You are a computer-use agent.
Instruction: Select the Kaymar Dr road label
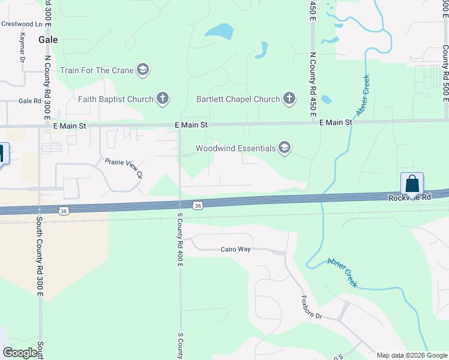click(22, 47)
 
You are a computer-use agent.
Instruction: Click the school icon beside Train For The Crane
click(142, 70)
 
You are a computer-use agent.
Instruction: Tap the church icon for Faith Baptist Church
click(162, 98)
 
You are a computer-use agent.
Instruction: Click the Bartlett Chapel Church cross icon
click(289, 98)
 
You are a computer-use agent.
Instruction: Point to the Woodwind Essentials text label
click(236, 148)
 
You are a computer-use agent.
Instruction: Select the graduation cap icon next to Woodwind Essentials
click(285, 148)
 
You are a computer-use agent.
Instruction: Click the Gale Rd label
click(29, 101)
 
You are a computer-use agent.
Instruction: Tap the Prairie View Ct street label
click(124, 169)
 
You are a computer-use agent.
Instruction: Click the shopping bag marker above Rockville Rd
click(412, 183)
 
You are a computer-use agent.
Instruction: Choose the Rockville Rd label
click(409, 197)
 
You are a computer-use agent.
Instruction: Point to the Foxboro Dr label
click(311, 307)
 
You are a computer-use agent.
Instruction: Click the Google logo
click(20, 353)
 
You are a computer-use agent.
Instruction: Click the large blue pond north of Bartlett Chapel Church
click(219, 31)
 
